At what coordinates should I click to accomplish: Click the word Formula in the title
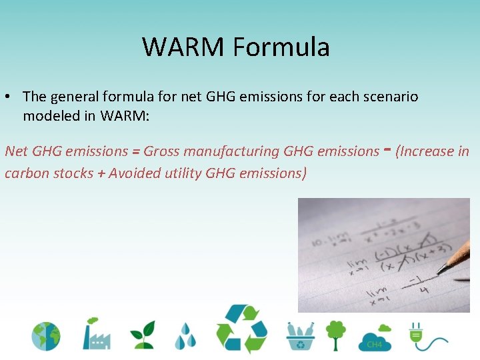[x=281, y=47]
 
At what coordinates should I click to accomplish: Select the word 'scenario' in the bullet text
[x=392, y=97]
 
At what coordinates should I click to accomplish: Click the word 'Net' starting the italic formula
[x=17, y=151]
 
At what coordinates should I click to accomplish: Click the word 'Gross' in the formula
[x=161, y=151]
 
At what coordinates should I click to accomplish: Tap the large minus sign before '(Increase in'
[x=387, y=149]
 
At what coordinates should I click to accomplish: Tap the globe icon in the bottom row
[x=45, y=336]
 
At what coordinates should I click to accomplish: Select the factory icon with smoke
[x=96, y=333]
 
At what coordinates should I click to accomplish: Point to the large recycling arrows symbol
[x=241, y=329]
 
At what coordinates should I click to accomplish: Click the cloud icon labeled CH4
[x=375, y=338]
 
